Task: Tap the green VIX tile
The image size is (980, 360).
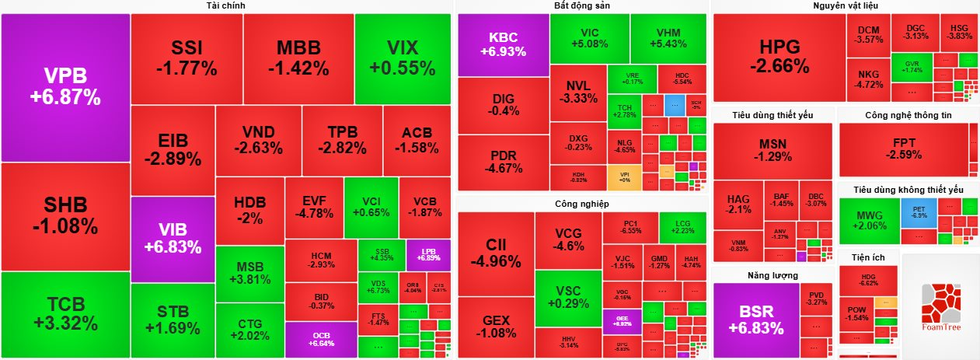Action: click(x=403, y=58)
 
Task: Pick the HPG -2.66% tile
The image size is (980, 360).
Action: click(x=779, y=58)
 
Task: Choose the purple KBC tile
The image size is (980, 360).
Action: click(x=503, y=45)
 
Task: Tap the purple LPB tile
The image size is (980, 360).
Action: click(x=428, y=254)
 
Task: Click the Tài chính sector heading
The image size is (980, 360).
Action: click(x=227, y=6)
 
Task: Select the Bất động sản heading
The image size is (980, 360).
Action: click(x=581, y=6)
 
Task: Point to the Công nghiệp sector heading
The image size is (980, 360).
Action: click(x=581, y=204)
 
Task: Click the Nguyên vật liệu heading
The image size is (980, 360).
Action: click(x=846, y=6)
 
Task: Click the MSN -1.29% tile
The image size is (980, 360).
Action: click(x=772, y=150)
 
